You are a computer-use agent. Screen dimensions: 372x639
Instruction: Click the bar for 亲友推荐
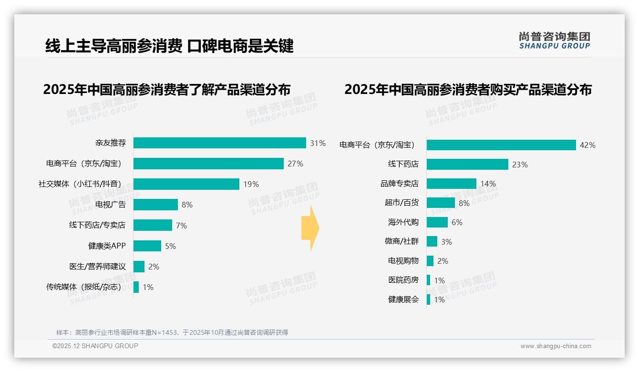pyautogui.click(x=219, y=143)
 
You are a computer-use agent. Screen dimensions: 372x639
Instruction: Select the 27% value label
pyautogui.click(x=295, y=164)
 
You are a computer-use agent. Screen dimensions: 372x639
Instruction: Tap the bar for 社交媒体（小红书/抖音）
pyautogui.click(x=186, y=184)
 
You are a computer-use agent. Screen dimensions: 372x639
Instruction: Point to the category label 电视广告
pyautogui.click(x=110, y=205)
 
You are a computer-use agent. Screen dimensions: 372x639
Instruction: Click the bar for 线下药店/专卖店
pyautogui.click(x=153, y=225)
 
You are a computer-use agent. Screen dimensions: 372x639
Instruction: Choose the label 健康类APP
pyautogui.click(x=107, y=246)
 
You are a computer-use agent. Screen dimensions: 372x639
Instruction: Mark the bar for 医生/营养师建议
pyautogui.click(x=139, y=266)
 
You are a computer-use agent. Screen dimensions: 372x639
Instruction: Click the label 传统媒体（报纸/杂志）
pyautogui.click(x=84, y=287)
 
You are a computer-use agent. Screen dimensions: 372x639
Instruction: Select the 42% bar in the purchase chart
pyautogui.click(x=501, y=145)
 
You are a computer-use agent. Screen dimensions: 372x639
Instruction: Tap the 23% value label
pyautogui.click(x=520, y=165)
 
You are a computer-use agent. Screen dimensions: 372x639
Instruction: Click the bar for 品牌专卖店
pyautogui.click(x=451, y=184)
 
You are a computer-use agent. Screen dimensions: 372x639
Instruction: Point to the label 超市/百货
pyautogui.click(x=402, y=203)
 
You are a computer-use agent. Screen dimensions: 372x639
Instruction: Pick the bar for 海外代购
pyautogui.click(x=437, y=222)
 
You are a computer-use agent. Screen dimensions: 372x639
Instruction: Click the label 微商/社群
pyautogui.click(x=402, y=241)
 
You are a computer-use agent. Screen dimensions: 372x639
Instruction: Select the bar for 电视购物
pyautogui.click(x=430, y=261)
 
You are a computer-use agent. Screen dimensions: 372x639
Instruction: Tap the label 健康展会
pyautogui.click(x=403, y=300)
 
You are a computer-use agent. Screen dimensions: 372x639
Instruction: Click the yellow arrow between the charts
pyautogui.click(x=310, y=228)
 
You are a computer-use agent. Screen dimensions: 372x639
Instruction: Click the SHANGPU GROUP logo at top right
pyautogui.click(x=554, y=40)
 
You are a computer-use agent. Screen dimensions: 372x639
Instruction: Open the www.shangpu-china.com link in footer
pyautogui.click(x=556, y=346)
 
